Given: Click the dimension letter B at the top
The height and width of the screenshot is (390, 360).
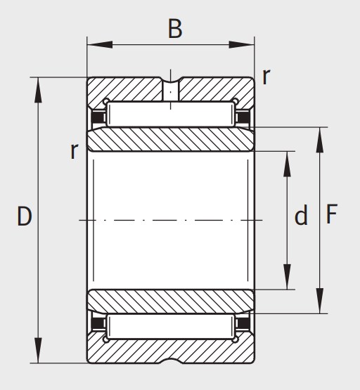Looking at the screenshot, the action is pos(175,29).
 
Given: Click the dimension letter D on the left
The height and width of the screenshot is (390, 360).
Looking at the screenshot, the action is pos(25,216).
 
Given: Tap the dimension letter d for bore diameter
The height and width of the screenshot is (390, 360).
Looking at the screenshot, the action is pos(301,215).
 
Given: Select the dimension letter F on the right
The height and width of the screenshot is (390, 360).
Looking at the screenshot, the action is pos(331,214).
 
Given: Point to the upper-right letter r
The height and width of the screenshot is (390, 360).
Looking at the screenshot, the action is pos(266,77).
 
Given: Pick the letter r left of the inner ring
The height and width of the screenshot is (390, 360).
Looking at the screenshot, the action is pos(75,151).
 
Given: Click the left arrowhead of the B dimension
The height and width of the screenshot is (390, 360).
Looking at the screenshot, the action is pos(100,45).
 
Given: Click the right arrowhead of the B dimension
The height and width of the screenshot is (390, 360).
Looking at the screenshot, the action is pos(241,45).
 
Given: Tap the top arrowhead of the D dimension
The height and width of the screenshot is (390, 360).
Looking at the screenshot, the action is pos(38,90).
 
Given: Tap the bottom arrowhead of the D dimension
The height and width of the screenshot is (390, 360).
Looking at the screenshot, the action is pos(38,350).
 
